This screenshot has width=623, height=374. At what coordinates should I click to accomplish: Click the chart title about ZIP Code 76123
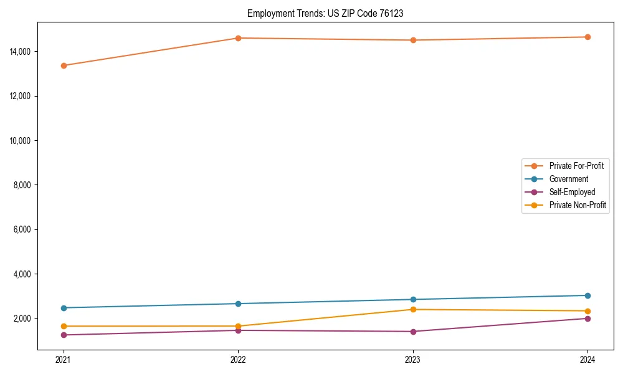pos(325,13)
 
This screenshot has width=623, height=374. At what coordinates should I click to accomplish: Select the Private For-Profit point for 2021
pos(64,65)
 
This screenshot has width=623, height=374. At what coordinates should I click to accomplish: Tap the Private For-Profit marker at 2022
pos(238,38)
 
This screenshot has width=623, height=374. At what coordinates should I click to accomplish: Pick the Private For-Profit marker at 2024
pos(587,37)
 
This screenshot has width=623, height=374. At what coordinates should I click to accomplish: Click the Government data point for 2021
pos(64,308)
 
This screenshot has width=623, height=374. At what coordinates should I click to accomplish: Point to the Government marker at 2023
pos(413,300)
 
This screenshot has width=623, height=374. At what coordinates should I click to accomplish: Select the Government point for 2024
pos(587,295)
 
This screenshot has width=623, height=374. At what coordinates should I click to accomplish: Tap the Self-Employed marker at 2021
pos(64,335)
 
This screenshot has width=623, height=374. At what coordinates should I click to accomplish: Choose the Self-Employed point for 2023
pos(413,332)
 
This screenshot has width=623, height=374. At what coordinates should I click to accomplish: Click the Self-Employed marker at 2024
pos(587,319)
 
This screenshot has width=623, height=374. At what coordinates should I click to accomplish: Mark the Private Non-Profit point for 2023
pos(413,310)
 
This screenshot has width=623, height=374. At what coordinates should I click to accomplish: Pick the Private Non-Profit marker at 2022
pos(238,326)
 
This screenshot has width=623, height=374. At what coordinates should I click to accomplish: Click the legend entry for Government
pos(568,179)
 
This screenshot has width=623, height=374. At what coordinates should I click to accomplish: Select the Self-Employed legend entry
pos(572,192)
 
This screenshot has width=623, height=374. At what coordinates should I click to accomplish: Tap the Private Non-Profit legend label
pos(578,205)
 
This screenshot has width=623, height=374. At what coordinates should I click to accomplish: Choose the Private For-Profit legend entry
pos(576,166)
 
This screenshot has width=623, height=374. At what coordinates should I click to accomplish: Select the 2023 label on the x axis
pos(413,360)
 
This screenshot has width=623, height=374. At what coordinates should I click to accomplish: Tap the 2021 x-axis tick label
pos(64,360)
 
